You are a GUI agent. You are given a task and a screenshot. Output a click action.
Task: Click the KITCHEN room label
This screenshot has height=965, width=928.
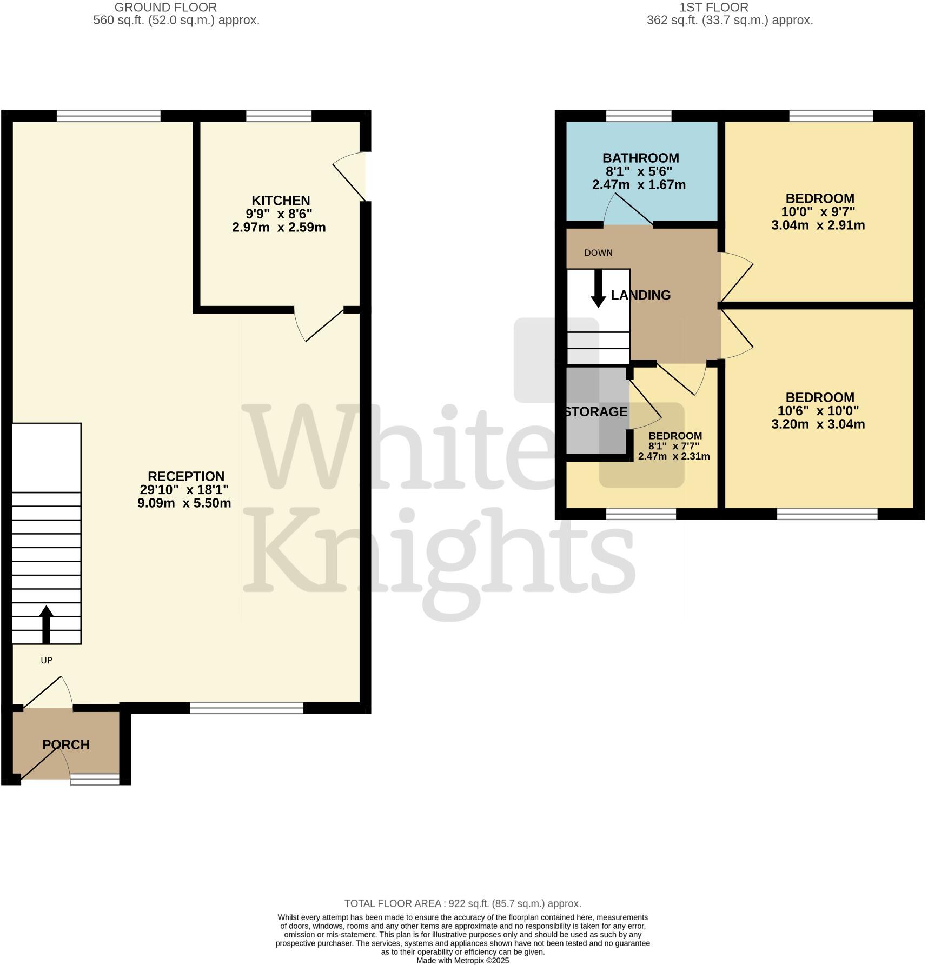click(x=280, y=201)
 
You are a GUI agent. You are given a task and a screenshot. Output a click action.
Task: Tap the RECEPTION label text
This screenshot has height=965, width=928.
click(x=185, y=476)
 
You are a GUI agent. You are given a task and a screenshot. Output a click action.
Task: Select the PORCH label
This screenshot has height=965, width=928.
click(x=66, y=744)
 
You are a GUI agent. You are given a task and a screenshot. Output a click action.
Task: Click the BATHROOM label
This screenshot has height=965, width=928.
click(x=640, y=158)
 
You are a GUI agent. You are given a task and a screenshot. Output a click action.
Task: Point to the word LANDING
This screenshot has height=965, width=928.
click(x=640, y=295)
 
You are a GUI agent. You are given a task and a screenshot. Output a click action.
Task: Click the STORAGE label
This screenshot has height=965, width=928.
click(x=596, y=412)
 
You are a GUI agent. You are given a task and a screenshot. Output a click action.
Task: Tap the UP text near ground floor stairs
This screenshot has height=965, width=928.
click(x=47, y=661)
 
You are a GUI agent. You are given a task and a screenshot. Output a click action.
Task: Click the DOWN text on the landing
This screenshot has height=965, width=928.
click(x=598, y=253)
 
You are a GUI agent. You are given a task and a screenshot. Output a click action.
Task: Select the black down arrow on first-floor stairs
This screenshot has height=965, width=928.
click(x=598, y=289)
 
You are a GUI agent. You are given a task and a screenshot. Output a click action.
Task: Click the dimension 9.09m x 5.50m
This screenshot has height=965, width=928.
click(x=184, y=503)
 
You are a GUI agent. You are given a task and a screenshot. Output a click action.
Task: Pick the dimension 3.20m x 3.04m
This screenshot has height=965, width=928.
click(x=818, y=424)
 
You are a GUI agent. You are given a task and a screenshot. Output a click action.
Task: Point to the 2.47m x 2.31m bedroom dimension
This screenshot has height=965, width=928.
click(x=673, y=456)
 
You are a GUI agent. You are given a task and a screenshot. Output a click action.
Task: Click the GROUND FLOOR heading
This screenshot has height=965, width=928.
click(x=165, y=8)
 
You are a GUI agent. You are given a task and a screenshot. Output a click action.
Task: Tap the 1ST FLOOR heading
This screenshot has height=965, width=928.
click(x=713, y=8)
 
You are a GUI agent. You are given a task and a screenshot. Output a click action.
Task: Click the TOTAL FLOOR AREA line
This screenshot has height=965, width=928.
click(x=462, y=903)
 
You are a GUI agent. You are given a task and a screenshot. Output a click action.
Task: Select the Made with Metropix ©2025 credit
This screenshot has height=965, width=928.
click(x=462, y=961)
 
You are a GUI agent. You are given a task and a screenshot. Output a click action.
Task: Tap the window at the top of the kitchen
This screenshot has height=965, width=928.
click(x=279, y=116)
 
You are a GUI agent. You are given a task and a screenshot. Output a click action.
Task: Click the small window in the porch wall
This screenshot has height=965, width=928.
click(x=95, y=779)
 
